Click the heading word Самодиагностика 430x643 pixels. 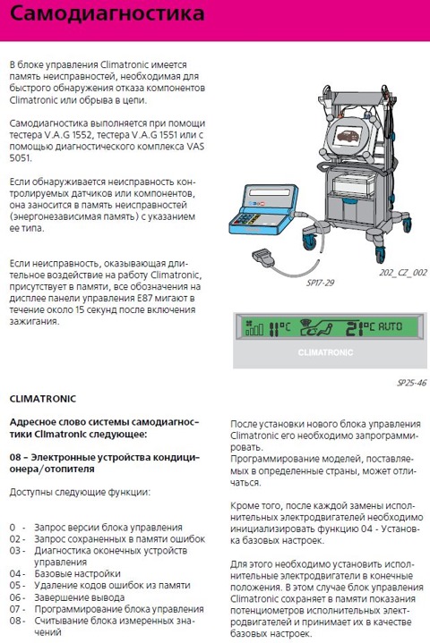click(106, 16)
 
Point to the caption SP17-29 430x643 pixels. click(319, 282)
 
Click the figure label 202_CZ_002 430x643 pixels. click(402, 272)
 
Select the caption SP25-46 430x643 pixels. click(410, 382)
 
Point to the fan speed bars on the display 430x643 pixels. click(245, 330)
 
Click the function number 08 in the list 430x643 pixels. click(16, 608)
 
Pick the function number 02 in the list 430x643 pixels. click(16, 539)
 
